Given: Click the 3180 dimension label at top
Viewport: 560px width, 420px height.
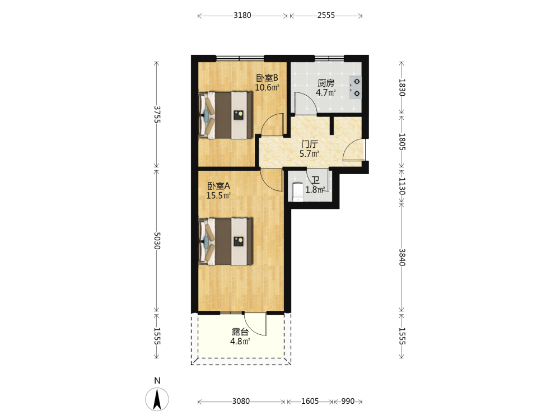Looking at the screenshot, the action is pyautogui.click(x=242, y=15).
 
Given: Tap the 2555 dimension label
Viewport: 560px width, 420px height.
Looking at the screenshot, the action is pyautogui.click(x=326, y=15).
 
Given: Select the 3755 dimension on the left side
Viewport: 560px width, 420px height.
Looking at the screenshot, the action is pyautogui.click(x=157, y=114).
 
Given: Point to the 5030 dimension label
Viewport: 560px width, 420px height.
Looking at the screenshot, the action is pyautogui.click(x=157, y=241).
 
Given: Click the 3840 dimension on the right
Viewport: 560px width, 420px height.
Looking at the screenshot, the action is pyautogui.click(x=402, y=257).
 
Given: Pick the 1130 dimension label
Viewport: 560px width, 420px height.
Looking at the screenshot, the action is pyautogui.click(x=402, y=186).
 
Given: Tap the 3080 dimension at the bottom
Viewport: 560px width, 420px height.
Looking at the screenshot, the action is pyautogui.click(x=241, y=402).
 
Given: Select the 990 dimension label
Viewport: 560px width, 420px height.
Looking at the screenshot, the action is pyautogui.click(x=348, y=402).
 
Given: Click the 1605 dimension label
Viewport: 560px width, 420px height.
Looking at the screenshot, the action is pyautogui.click(x=310, y=402).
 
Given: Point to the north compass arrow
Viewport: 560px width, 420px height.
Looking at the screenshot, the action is pyautogui.click(x=157, y=399).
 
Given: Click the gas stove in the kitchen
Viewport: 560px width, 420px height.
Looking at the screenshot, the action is pyautogui.click(x=356, y=87).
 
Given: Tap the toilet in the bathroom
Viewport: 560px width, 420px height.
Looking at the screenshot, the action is pyautogui.click(x=297, y=192).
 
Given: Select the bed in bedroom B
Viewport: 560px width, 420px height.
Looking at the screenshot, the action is pyautogui.click(x=226, y=115).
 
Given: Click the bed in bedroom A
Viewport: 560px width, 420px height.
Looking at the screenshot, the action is pyautogui.click(x=226, y=241).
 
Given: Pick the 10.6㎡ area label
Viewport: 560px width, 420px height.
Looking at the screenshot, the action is pyautogui.click(x=267, y=87).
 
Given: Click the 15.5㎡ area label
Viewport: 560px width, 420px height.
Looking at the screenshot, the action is pyautogui.click(x=218, y=195).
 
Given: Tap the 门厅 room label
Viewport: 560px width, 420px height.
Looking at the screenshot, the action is pyautogui.click(x=309, y=144).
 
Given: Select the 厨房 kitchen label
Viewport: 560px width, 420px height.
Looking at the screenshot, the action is pyautogui.click(x=326, y=83).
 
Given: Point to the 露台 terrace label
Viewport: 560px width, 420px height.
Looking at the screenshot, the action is pyautogui.click(x=240, y=332).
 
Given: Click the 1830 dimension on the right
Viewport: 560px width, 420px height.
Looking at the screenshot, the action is pyautogui.click(x=402, y=87).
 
